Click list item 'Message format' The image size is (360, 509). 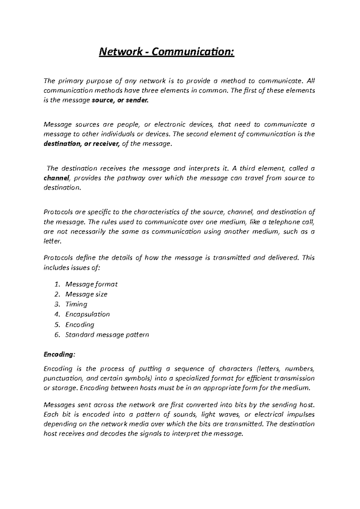(x=91, y=284)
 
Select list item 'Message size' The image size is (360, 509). (x=86, y=294)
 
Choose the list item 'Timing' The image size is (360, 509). (x=76, y=304)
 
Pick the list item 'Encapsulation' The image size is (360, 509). (x=87, y=314)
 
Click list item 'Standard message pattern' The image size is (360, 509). (x=107, y=335)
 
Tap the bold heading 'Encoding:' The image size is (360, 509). (x=58, y=354)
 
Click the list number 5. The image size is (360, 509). (x=57, y=325)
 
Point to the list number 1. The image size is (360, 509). (x=58, y=284)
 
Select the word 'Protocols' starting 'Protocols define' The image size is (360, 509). (x=58, y=258)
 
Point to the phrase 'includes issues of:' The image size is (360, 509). (x=71, y=268)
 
